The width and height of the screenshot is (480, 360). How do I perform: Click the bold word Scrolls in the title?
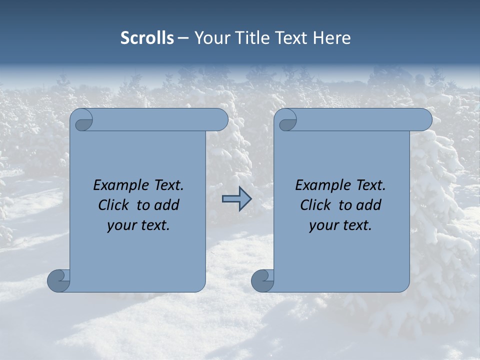[x=147, y=38]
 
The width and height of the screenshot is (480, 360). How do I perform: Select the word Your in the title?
[x=210, y=38]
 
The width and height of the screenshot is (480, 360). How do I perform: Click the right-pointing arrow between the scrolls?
[x=236, y=199]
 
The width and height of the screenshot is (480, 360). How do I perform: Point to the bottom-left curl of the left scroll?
[x=59, y=280]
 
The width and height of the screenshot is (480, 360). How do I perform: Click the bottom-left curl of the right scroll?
[x=263, y=280]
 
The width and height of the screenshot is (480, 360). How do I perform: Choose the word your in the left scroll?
[x=121, y=226]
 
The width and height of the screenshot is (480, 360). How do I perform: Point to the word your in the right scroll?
[x=323, y=226]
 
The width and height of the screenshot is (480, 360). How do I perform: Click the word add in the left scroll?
[x=167, y=205]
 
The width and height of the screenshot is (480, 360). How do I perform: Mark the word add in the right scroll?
[x=369, y=205]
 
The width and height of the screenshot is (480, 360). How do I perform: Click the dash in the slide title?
[x=183, y=38]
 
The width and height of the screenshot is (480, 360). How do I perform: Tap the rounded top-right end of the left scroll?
[x=220, y=120]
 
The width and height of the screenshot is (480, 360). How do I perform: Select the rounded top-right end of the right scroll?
[x=424, y=120]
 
